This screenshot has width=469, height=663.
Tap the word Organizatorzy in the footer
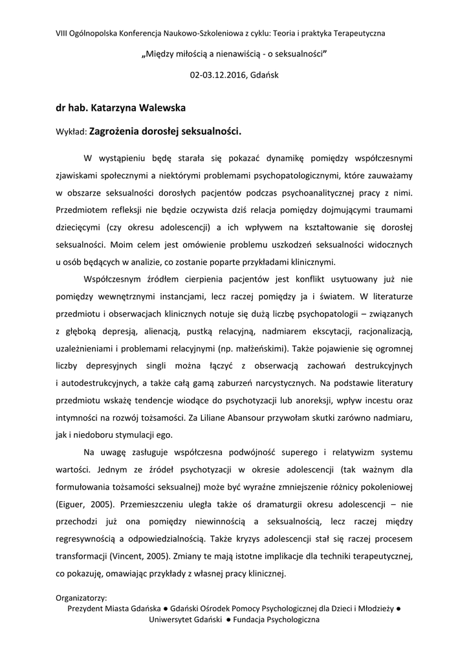(x=82, y=598)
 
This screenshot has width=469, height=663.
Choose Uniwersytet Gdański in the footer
(x=186, y=620)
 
